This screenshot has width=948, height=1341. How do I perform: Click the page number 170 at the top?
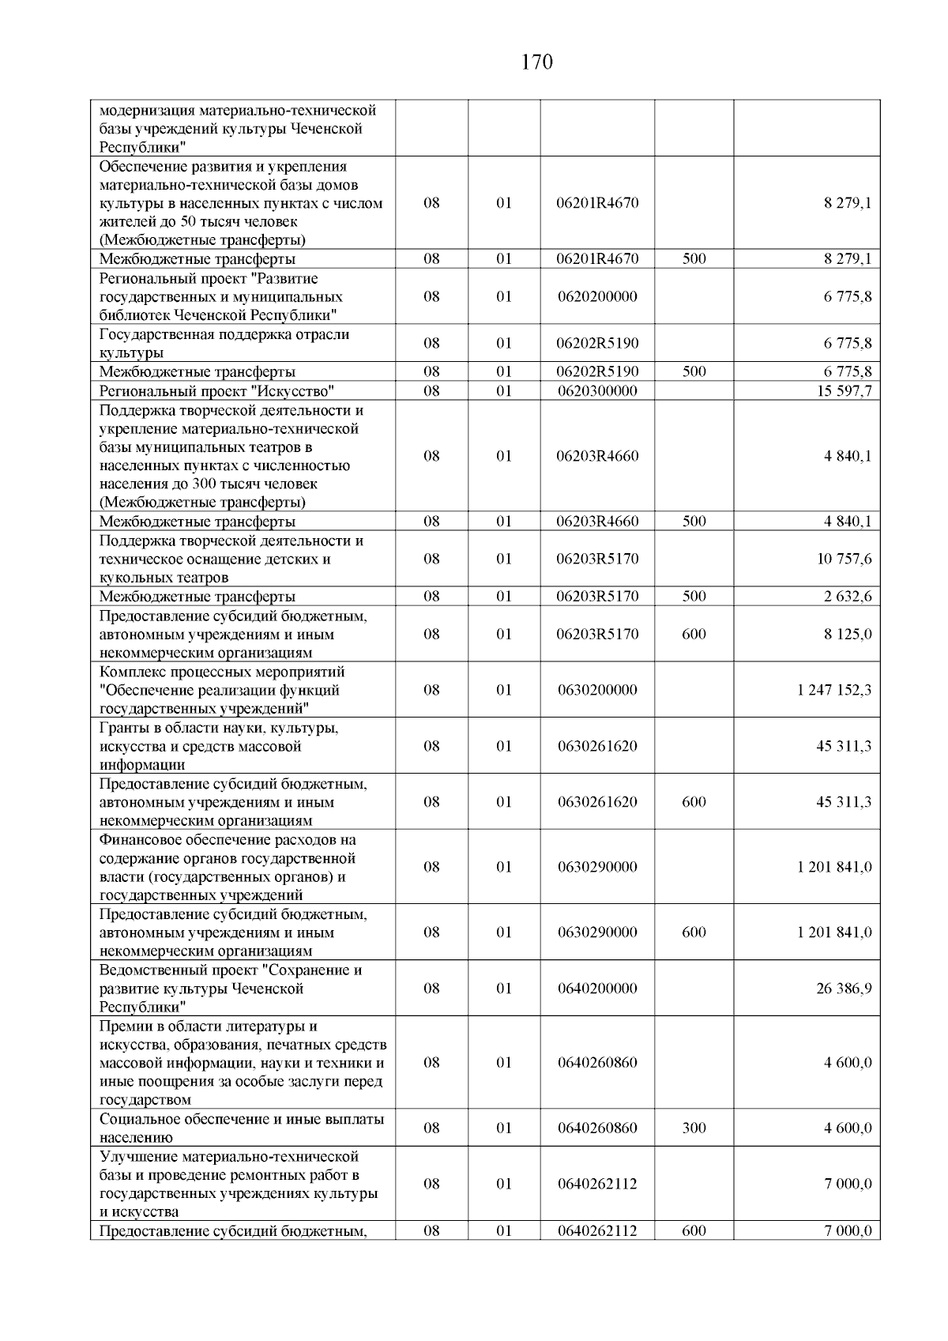coord(537,62)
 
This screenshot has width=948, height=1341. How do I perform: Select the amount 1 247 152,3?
coord(834,690)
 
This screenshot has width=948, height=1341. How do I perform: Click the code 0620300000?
coord(597,391)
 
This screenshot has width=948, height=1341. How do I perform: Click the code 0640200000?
coord(597,989)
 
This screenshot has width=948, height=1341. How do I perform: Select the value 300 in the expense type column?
coord(694,1128)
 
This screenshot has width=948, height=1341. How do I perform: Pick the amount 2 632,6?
coord(848,597)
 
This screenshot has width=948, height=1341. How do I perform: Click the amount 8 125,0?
coord(848,634)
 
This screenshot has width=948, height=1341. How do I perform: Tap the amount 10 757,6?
coord(844,559)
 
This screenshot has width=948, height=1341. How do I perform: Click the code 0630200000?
coord(597,690)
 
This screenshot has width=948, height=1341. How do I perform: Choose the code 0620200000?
coord(597,297)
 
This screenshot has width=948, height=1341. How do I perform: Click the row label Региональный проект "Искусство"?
coord(217,391)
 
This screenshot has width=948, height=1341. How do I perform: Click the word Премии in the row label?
coord(126,1026)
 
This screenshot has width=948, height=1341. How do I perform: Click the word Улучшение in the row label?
coord(135,1157)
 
